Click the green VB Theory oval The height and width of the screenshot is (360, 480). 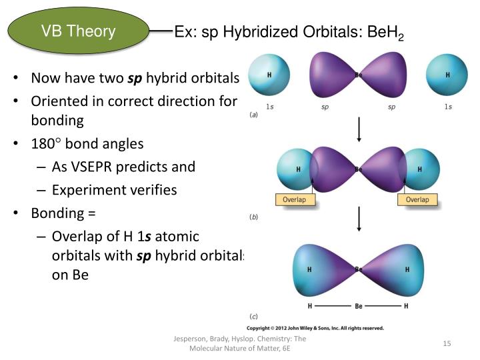pyautogui.click(x=78, y=31)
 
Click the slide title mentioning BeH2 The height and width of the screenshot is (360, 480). pyautogui.click(x=289, y=33)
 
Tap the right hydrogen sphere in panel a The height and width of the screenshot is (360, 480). pyautogui.click(x=446, y=75)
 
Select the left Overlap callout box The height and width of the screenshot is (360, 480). pyautogui.click(x=294, y=199)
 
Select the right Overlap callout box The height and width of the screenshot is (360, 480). pyautogui.click(x=417, y=199)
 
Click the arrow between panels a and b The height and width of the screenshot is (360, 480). pyautogui.click(x=359, y=131)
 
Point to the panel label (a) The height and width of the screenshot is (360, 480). pyautogui.click(x=253, y=115)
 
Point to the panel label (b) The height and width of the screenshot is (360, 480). pyautogui.click(x=253, y=217)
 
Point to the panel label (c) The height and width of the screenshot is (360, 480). pyautogui.click(x=253, y=316)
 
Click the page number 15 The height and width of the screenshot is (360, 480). pyautogui.click(x=447, y=343)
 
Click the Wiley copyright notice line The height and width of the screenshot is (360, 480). pyautogui.click(x=315, y=328)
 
